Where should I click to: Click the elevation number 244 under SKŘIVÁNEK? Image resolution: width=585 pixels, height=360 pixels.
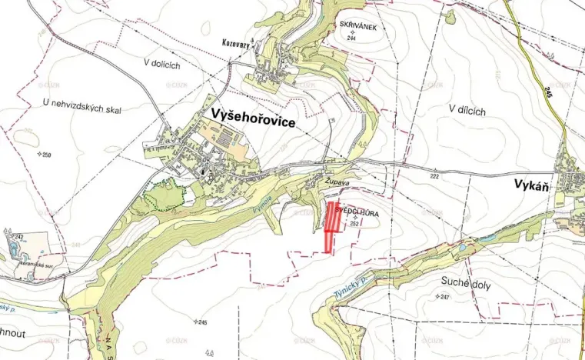[x=351, y=38]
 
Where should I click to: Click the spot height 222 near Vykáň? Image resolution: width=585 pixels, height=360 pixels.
[x=435, y=177]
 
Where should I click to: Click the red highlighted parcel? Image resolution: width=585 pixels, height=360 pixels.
[x=332, y=224]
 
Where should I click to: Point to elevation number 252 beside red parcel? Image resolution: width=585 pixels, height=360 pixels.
[x=354, y=225]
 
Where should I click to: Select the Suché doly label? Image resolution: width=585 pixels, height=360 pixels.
[x=466, y=283]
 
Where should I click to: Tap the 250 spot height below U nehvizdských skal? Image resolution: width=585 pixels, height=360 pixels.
[x=46, y=155]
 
